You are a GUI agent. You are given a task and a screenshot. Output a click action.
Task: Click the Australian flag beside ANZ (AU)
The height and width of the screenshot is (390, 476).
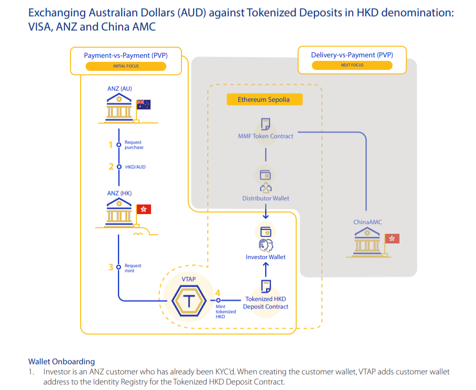coord(143,104)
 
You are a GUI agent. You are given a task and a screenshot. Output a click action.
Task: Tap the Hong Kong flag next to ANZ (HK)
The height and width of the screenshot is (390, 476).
coord(144,209)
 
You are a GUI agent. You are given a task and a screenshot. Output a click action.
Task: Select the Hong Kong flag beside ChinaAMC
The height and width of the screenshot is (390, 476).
coord(392,238)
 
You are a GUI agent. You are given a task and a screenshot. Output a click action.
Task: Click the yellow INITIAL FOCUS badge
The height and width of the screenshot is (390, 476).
coord(126,66)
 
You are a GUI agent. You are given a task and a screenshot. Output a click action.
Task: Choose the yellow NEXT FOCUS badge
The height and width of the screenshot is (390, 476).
coord(352,65)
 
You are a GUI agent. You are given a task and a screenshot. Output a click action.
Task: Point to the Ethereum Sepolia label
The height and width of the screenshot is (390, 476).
coord(264,99)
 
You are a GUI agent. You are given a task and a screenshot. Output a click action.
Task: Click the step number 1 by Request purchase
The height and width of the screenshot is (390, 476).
coord(111,145)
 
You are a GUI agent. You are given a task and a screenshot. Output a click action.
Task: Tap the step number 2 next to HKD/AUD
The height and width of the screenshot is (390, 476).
coord(111,166)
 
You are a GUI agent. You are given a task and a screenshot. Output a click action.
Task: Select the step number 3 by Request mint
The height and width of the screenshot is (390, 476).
coord(111,266)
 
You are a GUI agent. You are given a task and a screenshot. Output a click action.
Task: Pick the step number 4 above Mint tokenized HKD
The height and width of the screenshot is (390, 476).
coord(218,293)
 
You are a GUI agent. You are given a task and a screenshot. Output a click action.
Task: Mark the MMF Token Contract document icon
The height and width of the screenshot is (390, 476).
coord(265,124)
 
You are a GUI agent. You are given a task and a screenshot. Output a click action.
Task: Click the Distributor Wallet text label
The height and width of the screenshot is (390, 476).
coord(266,198)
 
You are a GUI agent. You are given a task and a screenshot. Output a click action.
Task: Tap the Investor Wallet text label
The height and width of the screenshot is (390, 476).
coord(266,257)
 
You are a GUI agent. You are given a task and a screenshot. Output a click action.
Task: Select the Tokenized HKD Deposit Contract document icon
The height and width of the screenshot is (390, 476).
coord(266,286)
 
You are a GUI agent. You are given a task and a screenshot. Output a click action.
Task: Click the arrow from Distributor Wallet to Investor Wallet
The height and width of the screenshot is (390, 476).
coord(266,211)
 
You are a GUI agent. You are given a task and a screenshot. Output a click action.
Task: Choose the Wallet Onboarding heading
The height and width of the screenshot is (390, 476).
coord(61,362)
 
